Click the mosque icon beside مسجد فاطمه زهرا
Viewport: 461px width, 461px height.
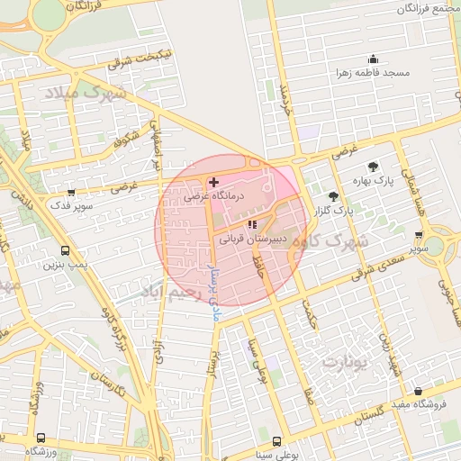tap(372, 59)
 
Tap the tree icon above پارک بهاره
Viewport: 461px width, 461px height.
tap(372, 167)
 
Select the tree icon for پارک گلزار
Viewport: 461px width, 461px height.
tap(334, 195)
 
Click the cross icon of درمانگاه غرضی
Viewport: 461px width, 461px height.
tap(212, 182)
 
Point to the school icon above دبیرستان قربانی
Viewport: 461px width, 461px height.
tap(252, 225)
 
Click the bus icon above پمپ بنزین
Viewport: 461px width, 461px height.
tap(65, 251)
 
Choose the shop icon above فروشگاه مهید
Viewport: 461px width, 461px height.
tap(418, 392)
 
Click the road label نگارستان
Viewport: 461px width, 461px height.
tap(108, 388)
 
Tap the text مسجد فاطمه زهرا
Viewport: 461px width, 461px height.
tap(372, 72)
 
